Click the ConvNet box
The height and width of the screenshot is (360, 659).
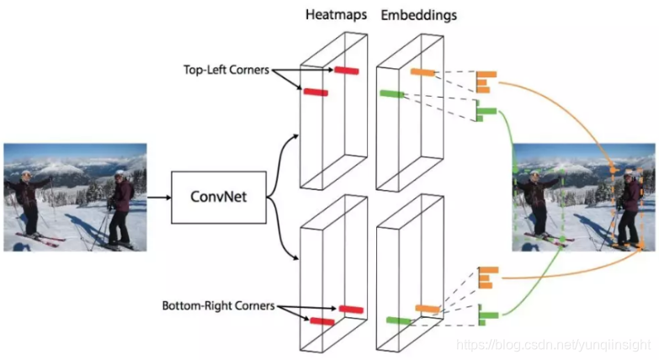coord(217,197)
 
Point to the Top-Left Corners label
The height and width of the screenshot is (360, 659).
coord(225,70)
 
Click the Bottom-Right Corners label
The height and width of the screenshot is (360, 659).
coord(218,306)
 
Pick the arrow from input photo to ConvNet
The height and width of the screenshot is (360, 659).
coord(158,198)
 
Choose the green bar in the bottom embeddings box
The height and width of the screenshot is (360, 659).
coord(398,320)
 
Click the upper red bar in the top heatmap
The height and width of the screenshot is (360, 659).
coord(346,70)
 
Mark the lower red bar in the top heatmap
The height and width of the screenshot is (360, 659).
coord(316,91)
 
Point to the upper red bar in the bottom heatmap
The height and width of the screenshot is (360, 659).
coord(351,309)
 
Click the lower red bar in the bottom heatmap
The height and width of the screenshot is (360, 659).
coord(322,320)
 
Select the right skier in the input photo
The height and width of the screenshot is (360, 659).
coord(120,209)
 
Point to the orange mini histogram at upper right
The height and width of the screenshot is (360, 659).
coord(486,81)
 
